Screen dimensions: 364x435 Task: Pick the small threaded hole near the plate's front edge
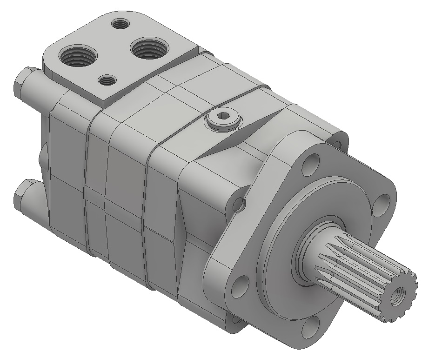point(108,81)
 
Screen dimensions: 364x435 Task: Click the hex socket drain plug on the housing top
point(223,120)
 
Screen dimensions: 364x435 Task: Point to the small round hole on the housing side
point(240,203)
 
